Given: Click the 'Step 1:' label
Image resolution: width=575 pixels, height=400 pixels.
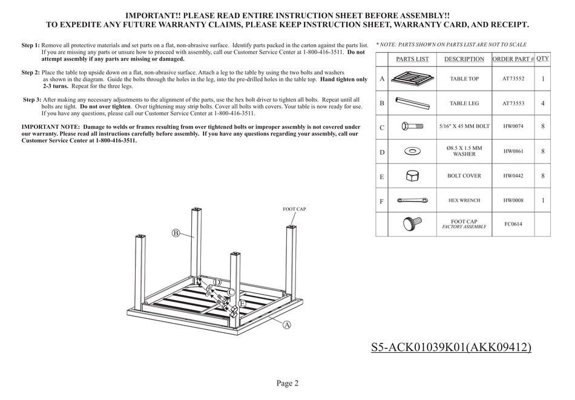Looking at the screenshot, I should (x=30, y=46).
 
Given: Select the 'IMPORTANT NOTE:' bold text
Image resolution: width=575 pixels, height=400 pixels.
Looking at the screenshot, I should (x=47, y=127).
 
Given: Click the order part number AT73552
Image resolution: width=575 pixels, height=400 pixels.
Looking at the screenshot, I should (x=513, y=79).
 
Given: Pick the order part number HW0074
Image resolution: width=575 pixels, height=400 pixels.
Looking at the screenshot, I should (x=513, y=128).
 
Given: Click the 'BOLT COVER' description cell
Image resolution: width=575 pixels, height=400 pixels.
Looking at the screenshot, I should (x=464, y=176).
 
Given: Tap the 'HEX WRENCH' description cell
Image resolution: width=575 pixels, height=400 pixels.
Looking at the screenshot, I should (x=464, y=200).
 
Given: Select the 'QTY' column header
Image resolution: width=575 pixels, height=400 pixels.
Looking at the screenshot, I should (x=543, y=59).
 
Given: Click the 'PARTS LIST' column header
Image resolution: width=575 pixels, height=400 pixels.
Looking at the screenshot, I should (x=412, y=59).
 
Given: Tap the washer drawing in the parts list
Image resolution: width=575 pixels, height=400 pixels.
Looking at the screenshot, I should (x=413, y=150).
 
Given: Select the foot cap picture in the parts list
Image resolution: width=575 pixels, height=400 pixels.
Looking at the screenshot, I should (x=412, y=224).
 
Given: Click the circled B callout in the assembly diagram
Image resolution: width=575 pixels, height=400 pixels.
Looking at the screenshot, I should (x=176, y=233).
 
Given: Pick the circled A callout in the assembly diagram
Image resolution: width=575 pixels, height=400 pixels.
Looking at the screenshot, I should (x=287, y=325).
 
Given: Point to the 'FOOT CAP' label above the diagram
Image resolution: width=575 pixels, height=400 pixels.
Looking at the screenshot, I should (x=294, y=209).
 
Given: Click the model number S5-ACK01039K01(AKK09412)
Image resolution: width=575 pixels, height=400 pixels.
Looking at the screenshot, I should (x=452, y=347).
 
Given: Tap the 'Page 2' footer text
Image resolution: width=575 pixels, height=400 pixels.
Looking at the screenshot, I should (x=287, y=383).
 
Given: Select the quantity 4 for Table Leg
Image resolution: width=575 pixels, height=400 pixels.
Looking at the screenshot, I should (x=542, y=103).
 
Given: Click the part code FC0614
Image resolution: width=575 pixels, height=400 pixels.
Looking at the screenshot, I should (x=513, y=225).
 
